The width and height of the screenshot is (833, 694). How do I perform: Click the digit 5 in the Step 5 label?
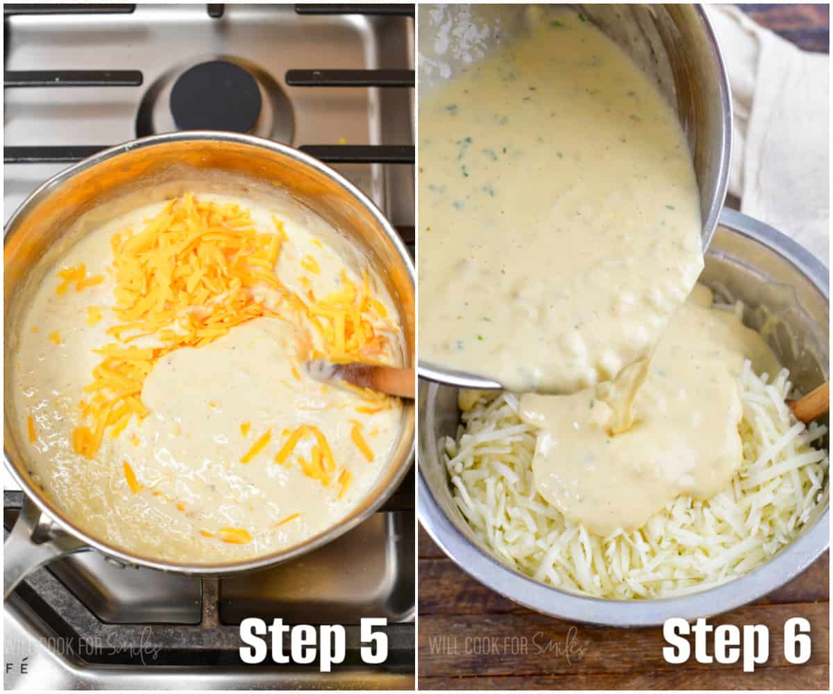point(373,641)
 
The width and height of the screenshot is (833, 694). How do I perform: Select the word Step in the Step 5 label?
point(292,642)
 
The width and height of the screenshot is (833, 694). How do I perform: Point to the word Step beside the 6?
point(715,641)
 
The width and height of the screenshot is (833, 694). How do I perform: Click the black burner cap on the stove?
point(216,96)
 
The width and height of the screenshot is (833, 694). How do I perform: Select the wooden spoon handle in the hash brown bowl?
point(811,403)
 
